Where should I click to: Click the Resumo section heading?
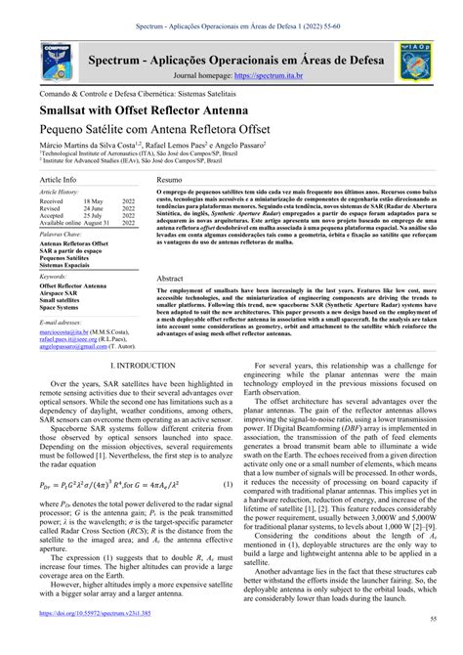point(169,182)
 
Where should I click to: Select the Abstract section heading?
point(170,279)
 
